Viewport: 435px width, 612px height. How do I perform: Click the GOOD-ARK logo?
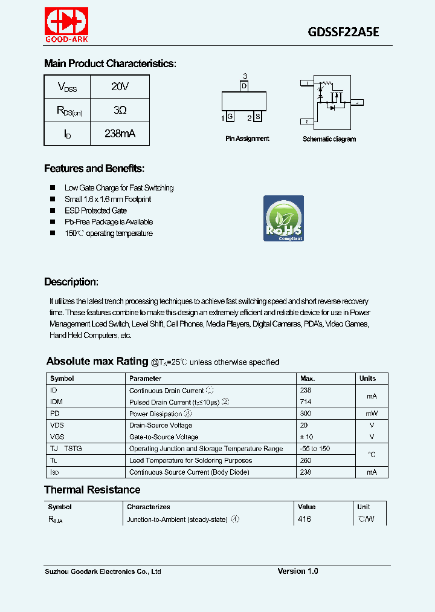[66, 25]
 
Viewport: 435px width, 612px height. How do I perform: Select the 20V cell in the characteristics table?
[120, 86]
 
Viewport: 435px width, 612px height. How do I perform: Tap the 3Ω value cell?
[120, 110]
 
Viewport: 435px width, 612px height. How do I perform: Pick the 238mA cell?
[120, 134]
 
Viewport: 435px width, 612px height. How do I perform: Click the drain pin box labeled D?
[244, 86]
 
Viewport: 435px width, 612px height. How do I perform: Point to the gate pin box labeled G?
[230, 117]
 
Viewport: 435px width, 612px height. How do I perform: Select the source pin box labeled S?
[257, 117]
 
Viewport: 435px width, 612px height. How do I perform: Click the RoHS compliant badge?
[283, 218]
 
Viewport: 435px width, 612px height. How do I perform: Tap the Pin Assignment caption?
[247, 139]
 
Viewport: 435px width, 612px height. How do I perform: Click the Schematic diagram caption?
[329, 139]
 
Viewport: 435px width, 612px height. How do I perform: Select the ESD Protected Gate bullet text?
[95, 210]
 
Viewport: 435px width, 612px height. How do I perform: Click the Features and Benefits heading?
[94, 169]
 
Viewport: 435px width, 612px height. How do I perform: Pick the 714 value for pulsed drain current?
[305, 402]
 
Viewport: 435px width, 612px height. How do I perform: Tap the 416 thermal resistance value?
[304, 519]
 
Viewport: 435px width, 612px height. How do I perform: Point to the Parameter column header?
[145, 379]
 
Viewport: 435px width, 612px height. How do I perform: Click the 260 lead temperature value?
[305, 460]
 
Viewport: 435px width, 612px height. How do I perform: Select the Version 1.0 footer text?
[298, 571]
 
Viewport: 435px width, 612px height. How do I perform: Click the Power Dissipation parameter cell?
[156, 414]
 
